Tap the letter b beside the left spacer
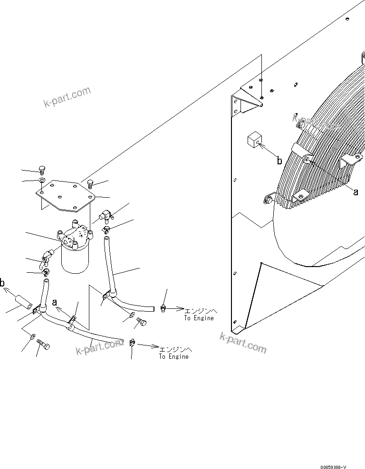3,284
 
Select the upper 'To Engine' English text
199,318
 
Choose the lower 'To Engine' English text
173,356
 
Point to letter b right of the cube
279,161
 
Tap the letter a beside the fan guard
355,191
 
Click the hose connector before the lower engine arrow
132,343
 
